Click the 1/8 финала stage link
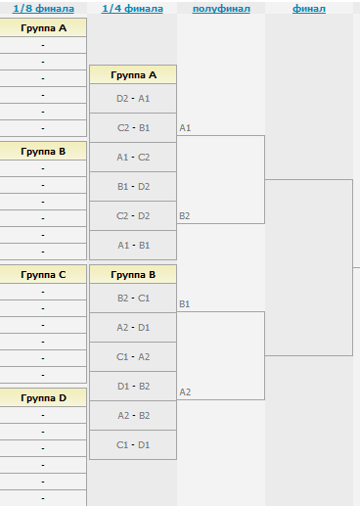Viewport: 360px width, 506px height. pyautogui.click(x=43, y=9)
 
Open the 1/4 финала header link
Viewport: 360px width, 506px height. pyautogui.click(x=132, y=9)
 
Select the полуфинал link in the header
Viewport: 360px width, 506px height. pyautogui.click(x=221, y=9)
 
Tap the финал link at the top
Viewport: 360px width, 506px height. pyautogui.click(x=309, y=9)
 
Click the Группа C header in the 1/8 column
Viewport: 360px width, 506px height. pyautogui.click(x=43, y=274)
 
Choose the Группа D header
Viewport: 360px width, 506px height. pyautogui.click(x=43, y=397)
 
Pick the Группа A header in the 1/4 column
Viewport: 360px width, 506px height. pyautogui.click(x=133, y=74)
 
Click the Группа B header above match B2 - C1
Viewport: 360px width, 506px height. pyautogui.click(x=133, y=274)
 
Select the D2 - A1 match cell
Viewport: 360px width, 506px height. pyautogui.click(x=133, y=98)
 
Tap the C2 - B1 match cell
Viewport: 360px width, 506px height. pyautogui.click(x=133, y=127)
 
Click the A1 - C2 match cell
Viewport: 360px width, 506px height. pyautogui.click(x=133, y=157)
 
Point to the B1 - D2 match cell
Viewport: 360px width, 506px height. pyautogui.click(x=133, y=186)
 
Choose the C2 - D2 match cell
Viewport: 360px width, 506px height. pyautogui.click(x=133, y=215)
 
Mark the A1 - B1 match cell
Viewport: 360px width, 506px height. pyautogui.click(x=133, y=245)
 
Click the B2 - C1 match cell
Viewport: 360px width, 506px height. pyautogui.click(x=133, y=298)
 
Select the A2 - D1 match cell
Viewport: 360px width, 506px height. pyautogui.click(x=133, y=327)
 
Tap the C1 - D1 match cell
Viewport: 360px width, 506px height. pyautogui.click(x=133, y=444)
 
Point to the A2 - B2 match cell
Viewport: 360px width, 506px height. pyautogui.click(x=133, y=415)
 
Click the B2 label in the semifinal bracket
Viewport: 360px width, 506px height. pyautogui.click(x=185, y=215)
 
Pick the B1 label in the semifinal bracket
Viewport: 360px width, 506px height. pyautogui.click(x=185, y=303)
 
